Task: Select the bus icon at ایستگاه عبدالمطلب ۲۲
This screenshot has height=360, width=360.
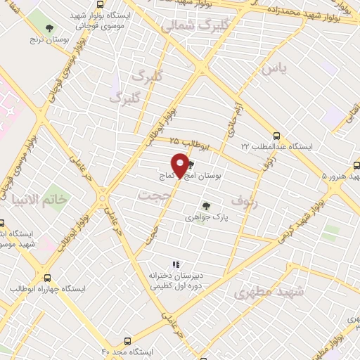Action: click(x=276, y=136)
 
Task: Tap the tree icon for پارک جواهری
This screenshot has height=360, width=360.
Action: click(x=206, y=206)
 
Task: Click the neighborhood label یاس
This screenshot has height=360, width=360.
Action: click(x=274, y=68)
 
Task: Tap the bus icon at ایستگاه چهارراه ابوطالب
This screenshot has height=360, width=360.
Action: click(x=48, y=278)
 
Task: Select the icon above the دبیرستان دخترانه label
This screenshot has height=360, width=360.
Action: click(x=176, y=264)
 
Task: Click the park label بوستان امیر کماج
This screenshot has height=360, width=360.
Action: click(x=197, y=176)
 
